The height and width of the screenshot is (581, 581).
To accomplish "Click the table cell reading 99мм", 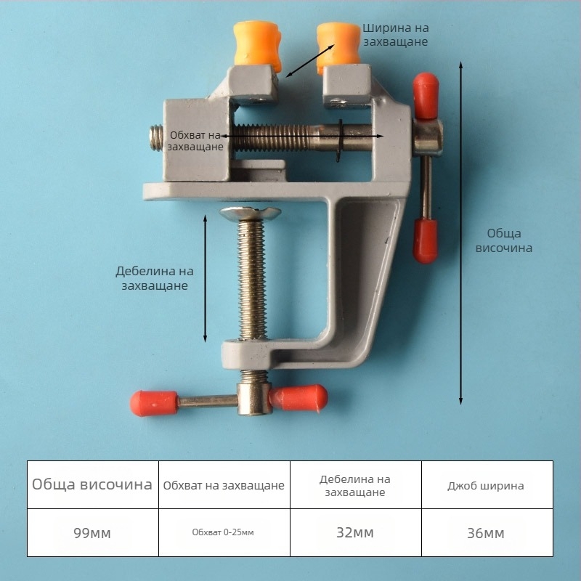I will click(92, 533).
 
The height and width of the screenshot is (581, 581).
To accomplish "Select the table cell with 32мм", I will click(355, 533).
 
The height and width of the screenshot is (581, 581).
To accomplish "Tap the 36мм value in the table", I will click(486, 533).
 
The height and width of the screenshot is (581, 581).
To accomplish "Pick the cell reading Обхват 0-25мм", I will click(224, 533).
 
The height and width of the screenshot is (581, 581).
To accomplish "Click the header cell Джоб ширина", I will click(486, 485).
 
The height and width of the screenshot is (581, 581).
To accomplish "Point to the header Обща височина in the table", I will click(92, 484).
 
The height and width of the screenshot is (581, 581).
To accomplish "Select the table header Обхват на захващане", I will click(224, 485).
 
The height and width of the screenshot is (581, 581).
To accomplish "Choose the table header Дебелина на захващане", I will click(355, 486).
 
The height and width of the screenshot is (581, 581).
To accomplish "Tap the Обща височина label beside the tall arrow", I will click(504, 240).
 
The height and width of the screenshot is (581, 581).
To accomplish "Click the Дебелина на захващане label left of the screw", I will click(155, 278).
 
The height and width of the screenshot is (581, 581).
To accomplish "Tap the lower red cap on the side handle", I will click(426, 240).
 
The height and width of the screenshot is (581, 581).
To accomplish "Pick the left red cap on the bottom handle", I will click(153, 402).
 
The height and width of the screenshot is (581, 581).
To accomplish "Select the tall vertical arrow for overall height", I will click(461, 232).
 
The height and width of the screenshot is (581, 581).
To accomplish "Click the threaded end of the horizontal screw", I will click(156, 138).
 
